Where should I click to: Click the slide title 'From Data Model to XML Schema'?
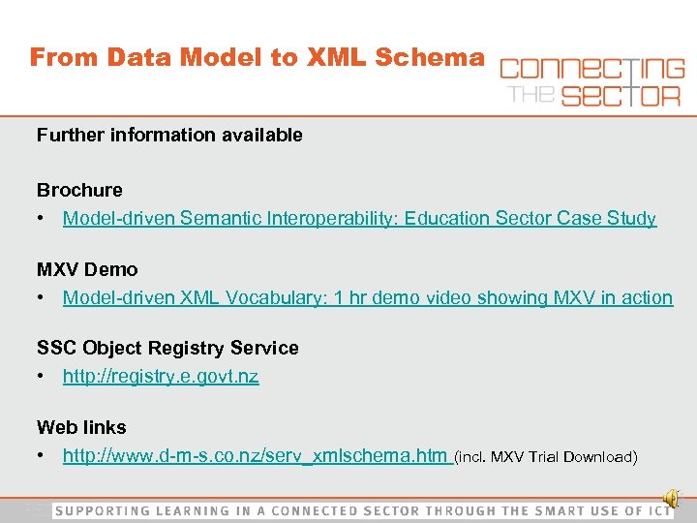[x=257, y=57]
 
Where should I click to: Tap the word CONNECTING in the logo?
[x=591, y=70]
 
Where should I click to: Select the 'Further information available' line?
[x=169, y=136]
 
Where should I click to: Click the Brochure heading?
[x=79, y=190]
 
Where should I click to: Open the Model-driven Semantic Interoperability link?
[x=359, y=219]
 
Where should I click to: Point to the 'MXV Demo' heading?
[x=87, y=269]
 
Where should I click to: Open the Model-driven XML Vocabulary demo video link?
[x=367, y=298]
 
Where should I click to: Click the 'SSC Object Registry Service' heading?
[x=167, y=348]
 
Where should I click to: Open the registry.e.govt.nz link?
[x=161, y=377]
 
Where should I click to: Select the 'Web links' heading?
[x=81, y=427]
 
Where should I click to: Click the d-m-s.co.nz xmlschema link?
[x=256, y=456]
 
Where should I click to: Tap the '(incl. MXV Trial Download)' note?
[x=545, y=457]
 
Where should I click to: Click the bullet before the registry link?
[x=43, y=377]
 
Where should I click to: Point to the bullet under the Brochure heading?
[x=43, y=219]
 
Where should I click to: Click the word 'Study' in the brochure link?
[x=632, y=219]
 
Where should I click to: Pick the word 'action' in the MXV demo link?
[x=648, y=298]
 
